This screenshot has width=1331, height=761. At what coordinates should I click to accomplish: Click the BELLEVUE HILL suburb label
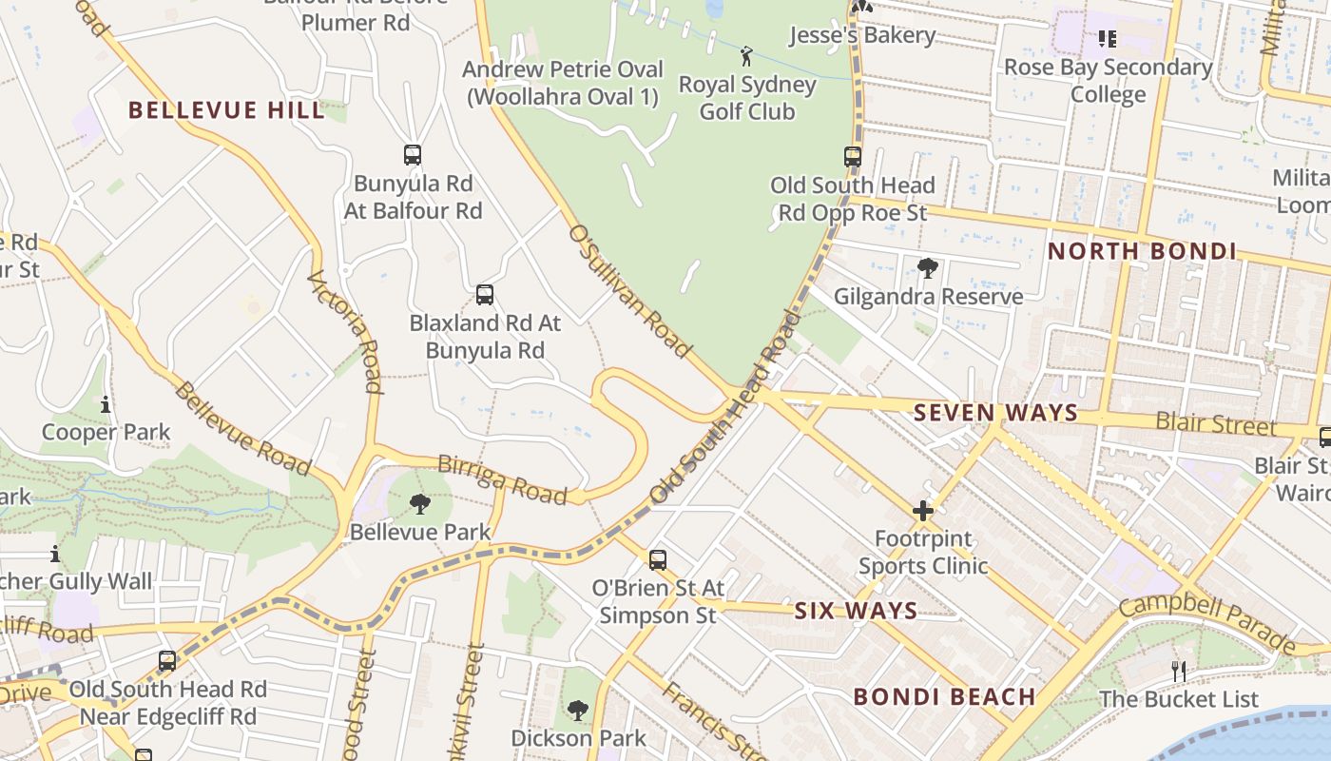[x=226, y=110]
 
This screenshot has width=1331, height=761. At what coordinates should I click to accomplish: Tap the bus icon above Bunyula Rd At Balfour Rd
[x=413, y=155]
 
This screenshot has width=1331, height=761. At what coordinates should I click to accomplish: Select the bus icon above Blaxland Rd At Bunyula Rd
[x=485, y=295]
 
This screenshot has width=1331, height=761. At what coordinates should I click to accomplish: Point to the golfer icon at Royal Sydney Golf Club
[x=746, y=56]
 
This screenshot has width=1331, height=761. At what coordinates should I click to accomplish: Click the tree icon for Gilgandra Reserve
[x=928, y=268]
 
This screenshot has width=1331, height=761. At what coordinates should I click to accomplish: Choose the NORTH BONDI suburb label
[x=1142, y=252]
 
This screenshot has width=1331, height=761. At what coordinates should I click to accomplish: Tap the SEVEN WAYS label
[x=995, y=413]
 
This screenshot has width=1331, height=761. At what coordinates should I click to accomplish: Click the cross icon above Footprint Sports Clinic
[x=923, y=511]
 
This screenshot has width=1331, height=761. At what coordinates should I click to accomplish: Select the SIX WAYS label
[x=856, y=611]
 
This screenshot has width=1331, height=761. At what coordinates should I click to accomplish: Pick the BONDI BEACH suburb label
[x=944, y=696]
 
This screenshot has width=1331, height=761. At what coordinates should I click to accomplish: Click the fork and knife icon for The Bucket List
[x=1179, y=672]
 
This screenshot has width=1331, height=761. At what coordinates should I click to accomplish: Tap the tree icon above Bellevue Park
[x=419, y=504]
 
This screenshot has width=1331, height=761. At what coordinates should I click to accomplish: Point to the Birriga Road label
[x=502, y=479]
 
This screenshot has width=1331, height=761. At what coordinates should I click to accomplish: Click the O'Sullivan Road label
[x=629, y=291]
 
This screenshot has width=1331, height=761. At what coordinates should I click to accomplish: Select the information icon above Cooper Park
[x=106, y=405]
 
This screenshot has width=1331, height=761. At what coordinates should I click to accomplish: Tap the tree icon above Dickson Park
[x=578, y=710]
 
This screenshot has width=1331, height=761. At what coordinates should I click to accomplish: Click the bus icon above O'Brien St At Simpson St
[x=658, y=560]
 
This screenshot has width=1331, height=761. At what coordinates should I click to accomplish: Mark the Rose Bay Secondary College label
[x=1108, y=81]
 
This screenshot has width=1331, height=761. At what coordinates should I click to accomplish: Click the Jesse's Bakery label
[x=862, y=35]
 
